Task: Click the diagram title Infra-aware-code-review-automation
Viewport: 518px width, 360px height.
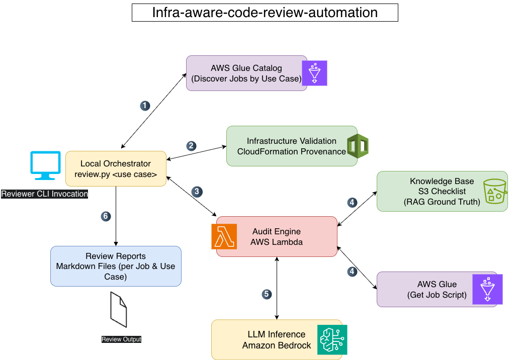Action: (x=265, y=13)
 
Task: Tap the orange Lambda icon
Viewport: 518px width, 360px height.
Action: (x=224, y=236)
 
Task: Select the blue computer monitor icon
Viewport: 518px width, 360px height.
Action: (x=46, y=165)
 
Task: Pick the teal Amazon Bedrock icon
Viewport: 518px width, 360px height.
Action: (x=332, y=339)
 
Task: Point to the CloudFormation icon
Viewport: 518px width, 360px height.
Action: (x=358, y=146)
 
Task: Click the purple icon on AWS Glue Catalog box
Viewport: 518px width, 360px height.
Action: (x=314, y=73)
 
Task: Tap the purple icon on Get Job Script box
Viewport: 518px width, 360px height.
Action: (x=487, y=289)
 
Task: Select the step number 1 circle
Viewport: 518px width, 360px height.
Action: (x=145, y=106)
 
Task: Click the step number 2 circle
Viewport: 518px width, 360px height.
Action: (x=191, y=146)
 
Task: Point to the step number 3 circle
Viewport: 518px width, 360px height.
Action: (x=197, y=192)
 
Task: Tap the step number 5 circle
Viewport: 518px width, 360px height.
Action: (x=267, y=294)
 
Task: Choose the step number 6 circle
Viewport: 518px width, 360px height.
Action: (x=106, y=216)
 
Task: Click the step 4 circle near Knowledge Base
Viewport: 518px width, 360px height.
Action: (x=352, y=202)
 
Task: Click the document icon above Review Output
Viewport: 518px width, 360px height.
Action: (x=119, y=309)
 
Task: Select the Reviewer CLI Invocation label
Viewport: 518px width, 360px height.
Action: (x=45, y=194)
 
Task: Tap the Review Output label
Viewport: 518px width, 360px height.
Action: (x=121, y=339)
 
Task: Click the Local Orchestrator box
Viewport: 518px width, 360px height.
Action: (x=116, y=169)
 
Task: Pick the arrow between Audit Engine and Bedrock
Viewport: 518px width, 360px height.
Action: (x=277, y=288)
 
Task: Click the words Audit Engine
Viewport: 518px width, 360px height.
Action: (x=277, y=231)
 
